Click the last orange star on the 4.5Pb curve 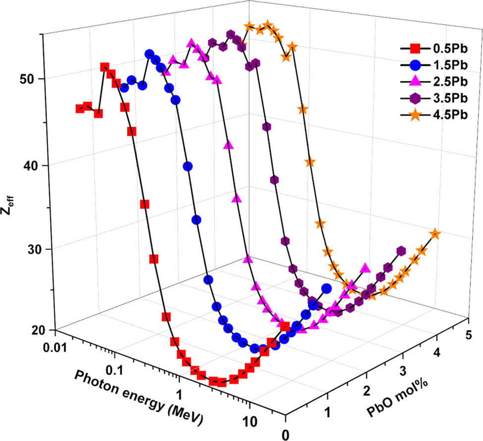pos(435,234)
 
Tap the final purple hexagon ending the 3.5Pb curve pos(401,251)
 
